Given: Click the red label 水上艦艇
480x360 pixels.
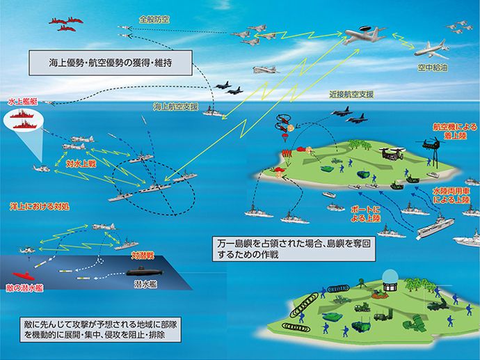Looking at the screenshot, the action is [20, 101].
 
